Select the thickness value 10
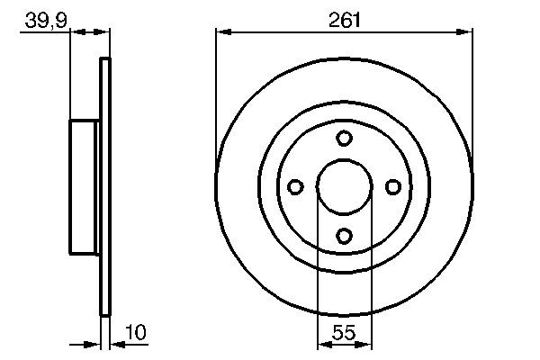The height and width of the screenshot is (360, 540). pos(135,332)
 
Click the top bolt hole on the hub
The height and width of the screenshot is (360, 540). pos(344,138)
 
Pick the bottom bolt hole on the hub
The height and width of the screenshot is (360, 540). pos(344,235)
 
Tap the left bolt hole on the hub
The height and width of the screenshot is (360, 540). pos(295,186)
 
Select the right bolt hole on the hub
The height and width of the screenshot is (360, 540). pos(392,186)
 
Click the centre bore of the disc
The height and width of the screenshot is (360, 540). pos(344,186)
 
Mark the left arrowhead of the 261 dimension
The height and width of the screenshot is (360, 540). pos(221,32)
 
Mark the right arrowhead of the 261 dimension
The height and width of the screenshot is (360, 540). pos(466,32)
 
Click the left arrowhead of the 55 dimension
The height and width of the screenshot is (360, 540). pos(323,344)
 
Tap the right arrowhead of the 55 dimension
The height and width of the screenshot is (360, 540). pos(365,344)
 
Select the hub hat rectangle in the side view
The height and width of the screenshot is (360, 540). pos(85,186)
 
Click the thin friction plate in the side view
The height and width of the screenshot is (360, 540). pos(105,186)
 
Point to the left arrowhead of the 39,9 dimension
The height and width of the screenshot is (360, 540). pos(76,32)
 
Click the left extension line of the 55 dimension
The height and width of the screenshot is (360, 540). pos(318,270)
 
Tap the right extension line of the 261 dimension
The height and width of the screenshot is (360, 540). pos(472,90)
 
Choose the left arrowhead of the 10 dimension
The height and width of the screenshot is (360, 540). pos(94,344)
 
